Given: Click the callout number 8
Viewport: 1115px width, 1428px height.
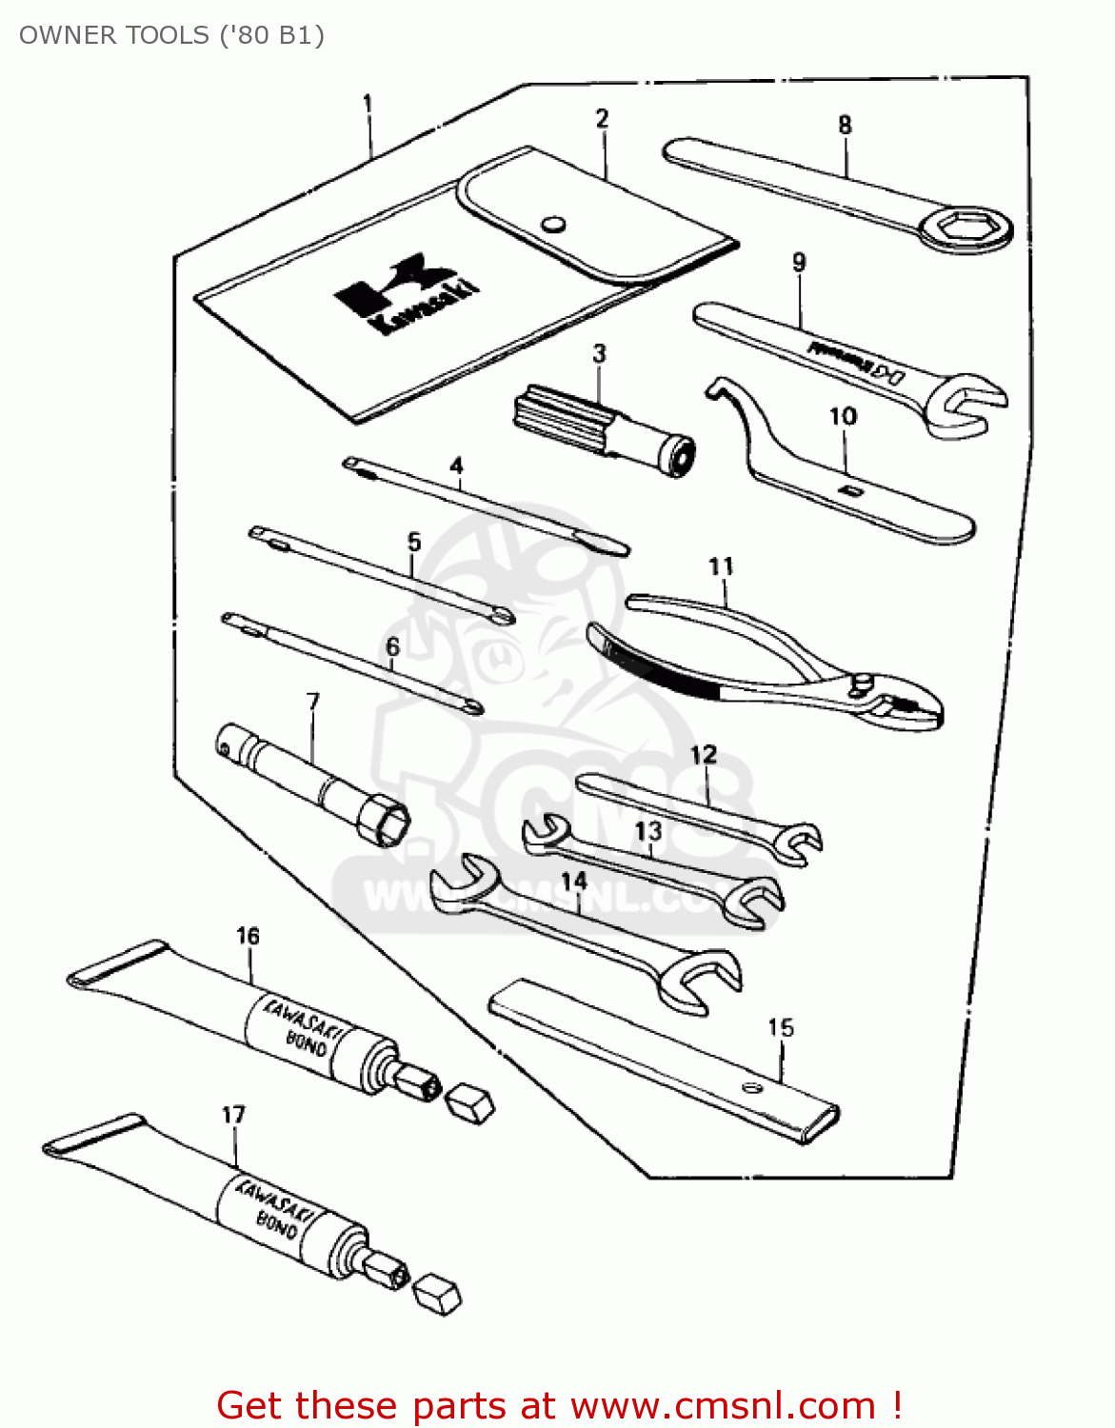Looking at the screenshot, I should point(845,125).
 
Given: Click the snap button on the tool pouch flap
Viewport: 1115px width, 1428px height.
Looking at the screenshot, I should point(553,225).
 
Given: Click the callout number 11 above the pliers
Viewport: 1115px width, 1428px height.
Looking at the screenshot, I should point(721,566).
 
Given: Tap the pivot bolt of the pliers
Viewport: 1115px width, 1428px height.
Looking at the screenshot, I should point(863,682).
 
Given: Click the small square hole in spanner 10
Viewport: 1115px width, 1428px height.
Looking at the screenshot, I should point(850,490).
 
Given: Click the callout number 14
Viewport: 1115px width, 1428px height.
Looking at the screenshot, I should point(574,882).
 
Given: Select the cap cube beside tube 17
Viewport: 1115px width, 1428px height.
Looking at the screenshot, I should point(438,1294).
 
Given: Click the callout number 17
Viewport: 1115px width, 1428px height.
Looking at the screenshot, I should point(233,1115).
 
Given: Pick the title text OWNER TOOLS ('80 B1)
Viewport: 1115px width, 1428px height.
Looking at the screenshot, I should point(171,35).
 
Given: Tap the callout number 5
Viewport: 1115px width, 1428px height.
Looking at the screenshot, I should point(413,542).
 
